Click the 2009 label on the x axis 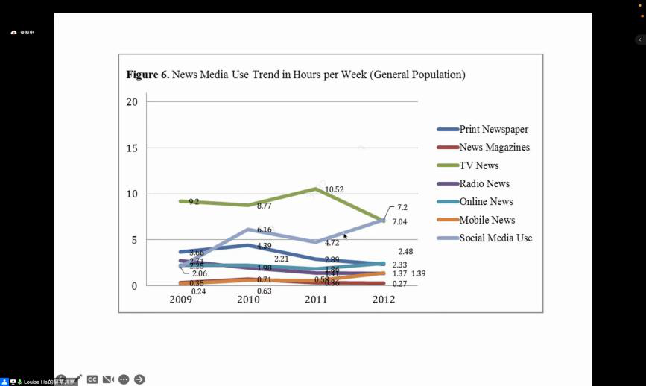coord(181,300)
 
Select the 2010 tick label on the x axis coord(248,300)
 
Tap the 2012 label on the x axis coord(384,300)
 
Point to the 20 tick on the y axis coord(132,102)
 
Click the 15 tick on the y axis coord(132,148)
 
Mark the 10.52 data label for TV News coord(335,190)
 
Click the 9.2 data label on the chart coord(194,202)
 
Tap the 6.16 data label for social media coord(265,230)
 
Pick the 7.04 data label coord(402,222)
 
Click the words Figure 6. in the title coord(148,75)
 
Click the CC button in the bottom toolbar coord(92,379)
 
